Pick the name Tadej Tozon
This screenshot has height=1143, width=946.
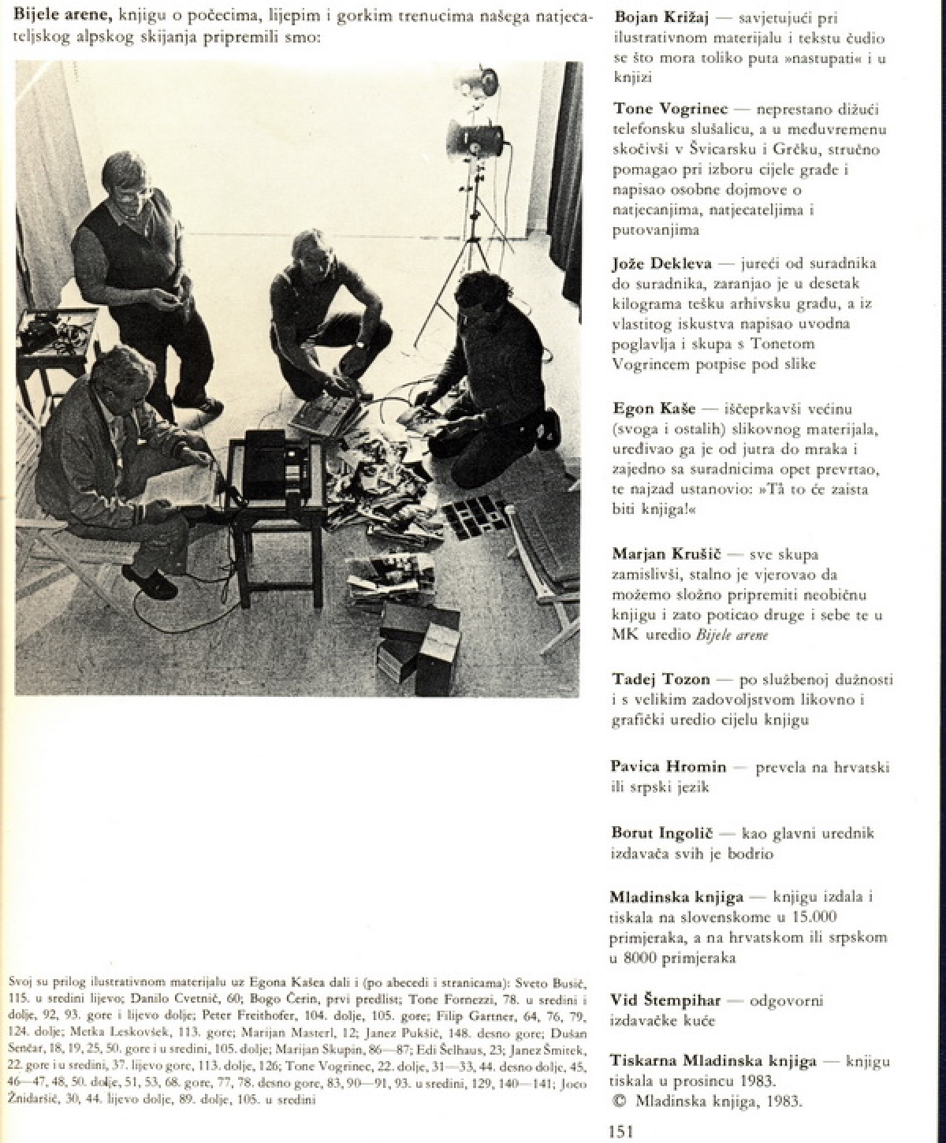661,679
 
